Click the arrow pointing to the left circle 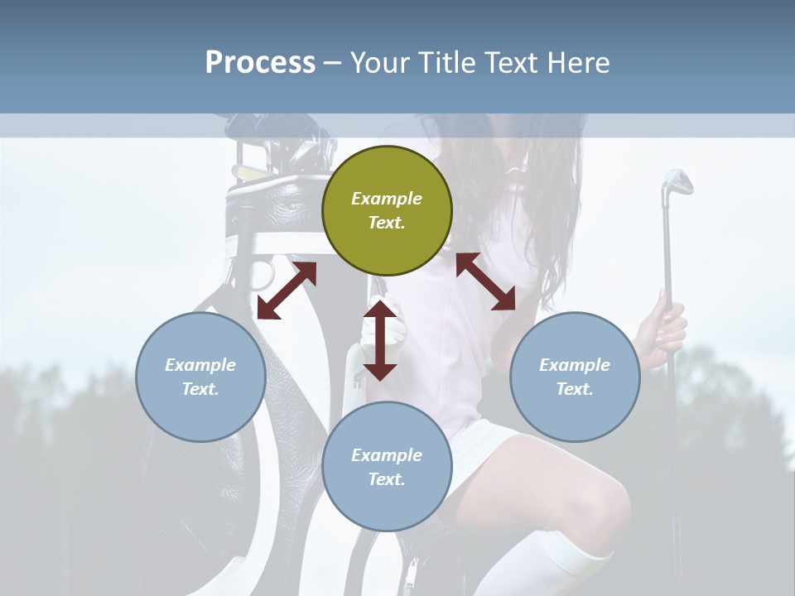pos(287,291)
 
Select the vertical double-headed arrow pos(380,340)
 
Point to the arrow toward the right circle pos(486,281)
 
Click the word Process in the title pos(260,62)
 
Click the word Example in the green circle pos(387,199)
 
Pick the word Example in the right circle pos(575,365)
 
